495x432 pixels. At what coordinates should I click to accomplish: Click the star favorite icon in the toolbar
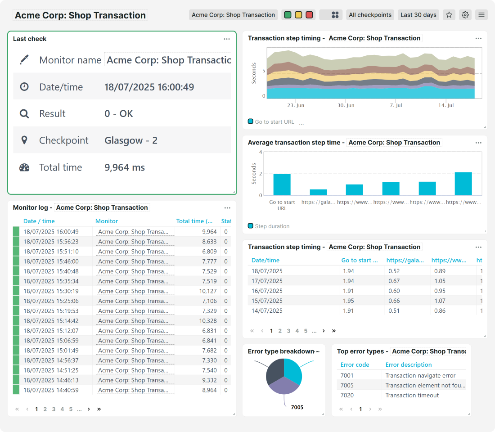449,15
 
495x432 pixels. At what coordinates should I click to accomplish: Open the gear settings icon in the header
465,15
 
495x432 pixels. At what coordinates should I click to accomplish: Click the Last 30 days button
418,15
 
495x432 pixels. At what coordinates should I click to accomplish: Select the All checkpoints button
370,15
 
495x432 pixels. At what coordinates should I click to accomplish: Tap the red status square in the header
309,15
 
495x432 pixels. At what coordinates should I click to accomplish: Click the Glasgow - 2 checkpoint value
131,140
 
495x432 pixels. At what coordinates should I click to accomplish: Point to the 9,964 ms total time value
125,167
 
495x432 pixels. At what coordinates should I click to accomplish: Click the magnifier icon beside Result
24,114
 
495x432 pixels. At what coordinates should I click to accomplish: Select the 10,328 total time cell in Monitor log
207,321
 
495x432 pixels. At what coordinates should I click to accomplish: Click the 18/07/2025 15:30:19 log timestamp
51,291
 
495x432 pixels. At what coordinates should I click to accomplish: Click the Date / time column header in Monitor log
39,221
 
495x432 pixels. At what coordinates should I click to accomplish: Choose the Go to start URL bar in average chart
282,184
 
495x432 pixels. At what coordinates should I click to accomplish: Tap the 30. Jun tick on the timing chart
346,105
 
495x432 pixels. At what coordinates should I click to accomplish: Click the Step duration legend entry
272,226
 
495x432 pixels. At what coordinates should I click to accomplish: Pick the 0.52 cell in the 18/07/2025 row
394,271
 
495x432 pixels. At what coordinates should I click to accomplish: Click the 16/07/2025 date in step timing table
267,291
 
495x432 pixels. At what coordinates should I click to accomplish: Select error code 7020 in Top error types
347,395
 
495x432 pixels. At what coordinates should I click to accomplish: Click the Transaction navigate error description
420,375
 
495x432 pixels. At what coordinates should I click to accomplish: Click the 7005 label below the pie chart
297,407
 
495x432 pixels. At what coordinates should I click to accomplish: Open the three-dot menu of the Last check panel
227,39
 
